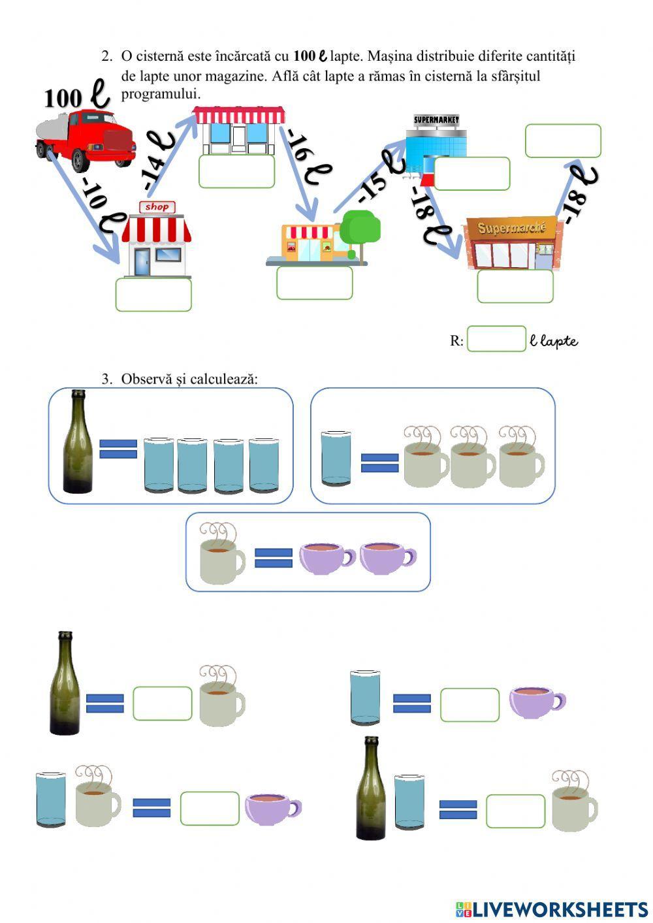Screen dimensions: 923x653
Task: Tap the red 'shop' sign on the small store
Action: tap(157, 207)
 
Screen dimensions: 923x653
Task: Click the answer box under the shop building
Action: tap(153, 295)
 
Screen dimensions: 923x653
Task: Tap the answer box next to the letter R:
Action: tap(496, 339)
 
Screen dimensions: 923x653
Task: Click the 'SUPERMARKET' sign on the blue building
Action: tap(436, 120)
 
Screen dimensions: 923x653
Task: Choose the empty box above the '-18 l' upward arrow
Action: tap(563, 141)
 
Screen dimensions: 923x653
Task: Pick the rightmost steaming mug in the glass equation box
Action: tap(520, 457)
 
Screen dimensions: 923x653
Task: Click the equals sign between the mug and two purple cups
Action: tap(273, 558)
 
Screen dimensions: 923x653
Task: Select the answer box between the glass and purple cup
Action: tap(470, 705)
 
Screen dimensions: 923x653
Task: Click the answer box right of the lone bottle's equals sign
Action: tap(163, 704)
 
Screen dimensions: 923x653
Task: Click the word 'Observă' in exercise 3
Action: tap(148, 379)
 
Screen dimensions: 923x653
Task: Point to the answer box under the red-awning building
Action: tap(236, 171)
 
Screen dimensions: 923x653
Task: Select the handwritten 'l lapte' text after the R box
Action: tap(554, 340)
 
